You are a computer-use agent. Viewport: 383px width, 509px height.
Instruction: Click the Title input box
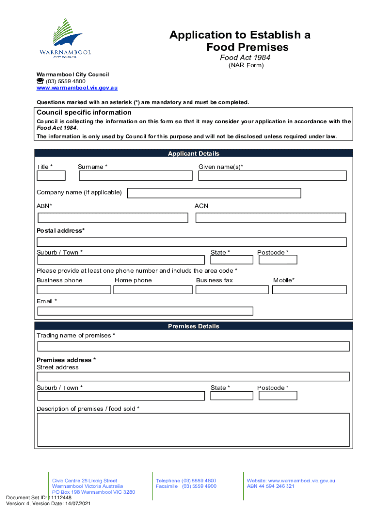51,175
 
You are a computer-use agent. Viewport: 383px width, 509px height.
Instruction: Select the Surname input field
136,175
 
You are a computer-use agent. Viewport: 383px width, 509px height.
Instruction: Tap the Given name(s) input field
272,175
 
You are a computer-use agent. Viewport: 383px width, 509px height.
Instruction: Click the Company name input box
214,193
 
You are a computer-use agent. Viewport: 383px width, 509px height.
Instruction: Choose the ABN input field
113,218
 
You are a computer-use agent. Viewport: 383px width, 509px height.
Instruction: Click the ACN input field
270,218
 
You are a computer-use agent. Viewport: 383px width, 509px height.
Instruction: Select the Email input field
145,311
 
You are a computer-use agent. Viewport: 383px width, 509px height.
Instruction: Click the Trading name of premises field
193,346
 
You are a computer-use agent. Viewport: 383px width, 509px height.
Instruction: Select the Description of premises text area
193,429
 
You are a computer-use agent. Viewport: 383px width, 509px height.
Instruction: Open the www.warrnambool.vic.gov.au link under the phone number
77,88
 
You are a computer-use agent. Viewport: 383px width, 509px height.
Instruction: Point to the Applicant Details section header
193,154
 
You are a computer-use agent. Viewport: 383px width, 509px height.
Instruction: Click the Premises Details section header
193,326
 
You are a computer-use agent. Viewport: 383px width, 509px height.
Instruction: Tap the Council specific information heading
84,112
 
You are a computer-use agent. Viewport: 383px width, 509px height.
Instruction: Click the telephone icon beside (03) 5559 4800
40,81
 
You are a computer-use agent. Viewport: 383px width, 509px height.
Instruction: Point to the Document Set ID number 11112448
60,497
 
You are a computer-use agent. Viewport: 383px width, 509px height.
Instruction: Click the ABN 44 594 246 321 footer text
271,486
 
